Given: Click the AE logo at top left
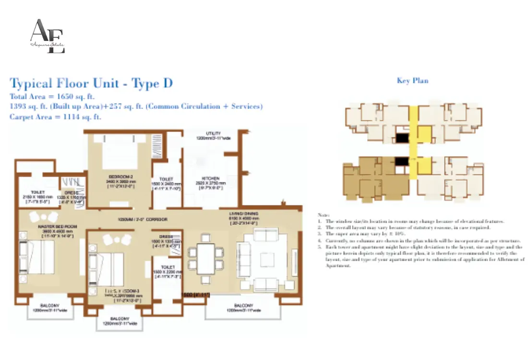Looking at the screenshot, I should click(x=47, y=36).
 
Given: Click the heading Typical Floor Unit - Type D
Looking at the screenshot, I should click(x=91, y=84).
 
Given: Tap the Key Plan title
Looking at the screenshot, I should click(x=412, y=81).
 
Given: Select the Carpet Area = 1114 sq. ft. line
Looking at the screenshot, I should click(x=55, y=117).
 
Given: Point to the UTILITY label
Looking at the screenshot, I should click(x=213, y=133).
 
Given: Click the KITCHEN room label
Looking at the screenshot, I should click(x=211, y=178).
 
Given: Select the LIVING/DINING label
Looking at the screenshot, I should click(x=244, y=214).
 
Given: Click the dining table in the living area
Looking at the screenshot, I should click(x=205, y=258).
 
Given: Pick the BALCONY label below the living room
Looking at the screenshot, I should click(x=243, y=306).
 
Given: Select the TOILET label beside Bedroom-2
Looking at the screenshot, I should click(x=166, y=179).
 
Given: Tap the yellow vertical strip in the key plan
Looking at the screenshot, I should click(x=412, y=142).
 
